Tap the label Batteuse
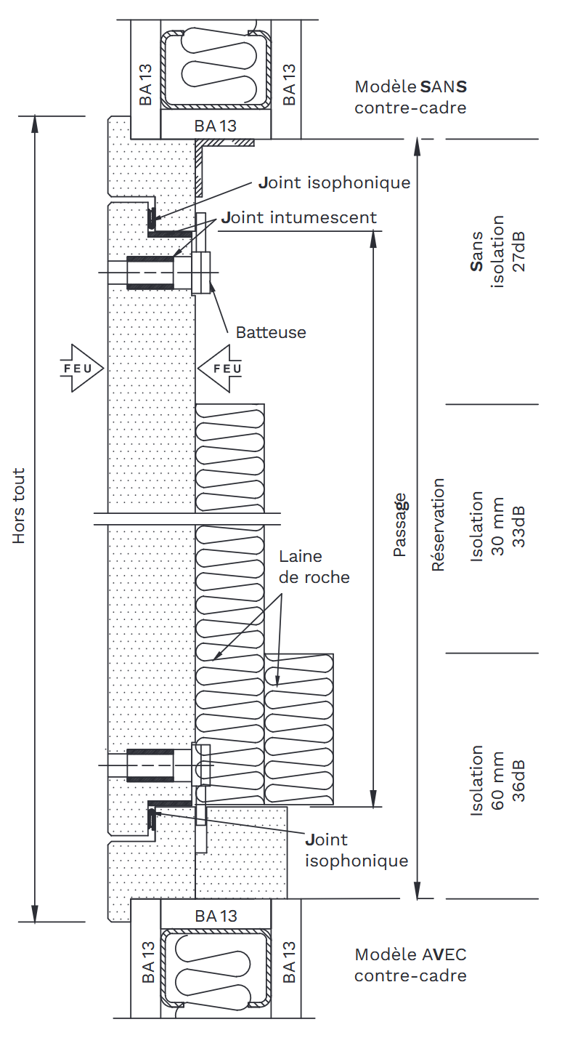(x=271, y=332)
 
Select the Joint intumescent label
(x=299, y=217)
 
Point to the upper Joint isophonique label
(x=335, y=182)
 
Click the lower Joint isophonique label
(x=357, y=850)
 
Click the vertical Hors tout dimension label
(x=19, y=506)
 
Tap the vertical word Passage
(x=399, y=525)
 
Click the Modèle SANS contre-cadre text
(x=410, y=97)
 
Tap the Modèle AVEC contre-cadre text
(x=410, y=965)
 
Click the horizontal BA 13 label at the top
(x=216, y=126)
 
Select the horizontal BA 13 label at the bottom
(x=216, y=916)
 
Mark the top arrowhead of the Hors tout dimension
(x=34, y=124)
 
